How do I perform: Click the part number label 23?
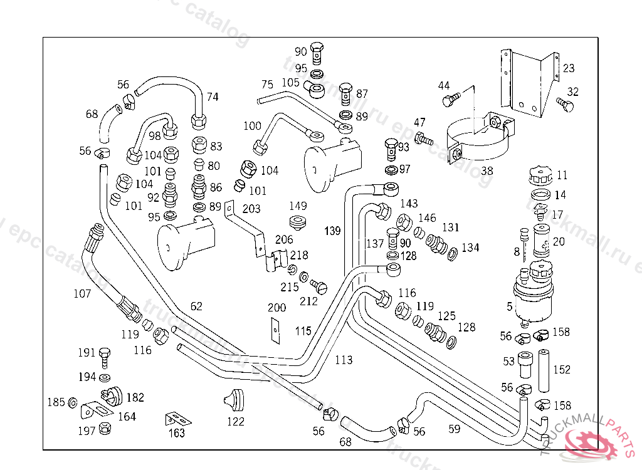pos(568,68)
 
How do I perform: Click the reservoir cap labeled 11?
pos(539,176)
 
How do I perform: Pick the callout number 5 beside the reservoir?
pos(510,306)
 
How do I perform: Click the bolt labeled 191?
pos(105,356)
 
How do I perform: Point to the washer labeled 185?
pos(73,402)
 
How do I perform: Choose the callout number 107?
pos(82,293)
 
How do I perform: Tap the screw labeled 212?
pos(320,288)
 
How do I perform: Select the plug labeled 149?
pos(297,221)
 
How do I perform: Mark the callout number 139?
pos(332,231)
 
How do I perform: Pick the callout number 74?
pos(213,97)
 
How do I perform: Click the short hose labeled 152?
pos(543,368)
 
